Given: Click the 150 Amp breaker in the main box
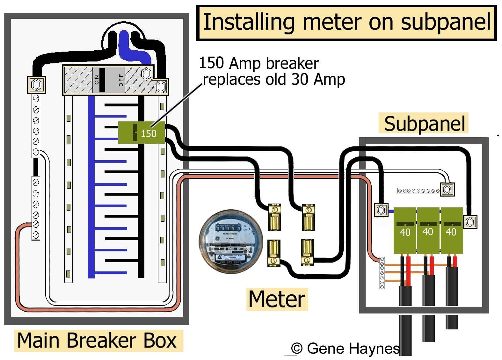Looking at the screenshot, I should [x=142, y=133].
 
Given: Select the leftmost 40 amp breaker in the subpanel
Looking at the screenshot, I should [x=405, y=230].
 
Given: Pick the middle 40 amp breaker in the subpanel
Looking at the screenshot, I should [x=428, y=230].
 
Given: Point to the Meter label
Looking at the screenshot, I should [x=277, y=299].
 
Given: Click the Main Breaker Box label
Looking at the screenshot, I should [x=97, y=340].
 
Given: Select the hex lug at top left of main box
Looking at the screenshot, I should [x=36, y=85].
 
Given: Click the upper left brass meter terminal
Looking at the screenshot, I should [x=274, y=217].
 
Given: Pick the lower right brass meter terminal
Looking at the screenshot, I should [x=307, y=252].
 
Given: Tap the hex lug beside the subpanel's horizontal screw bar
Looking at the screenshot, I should [x=447, y=190].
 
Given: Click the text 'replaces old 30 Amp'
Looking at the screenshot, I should [x=274, y=79].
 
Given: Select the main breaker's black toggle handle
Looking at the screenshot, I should [x=102, y=80].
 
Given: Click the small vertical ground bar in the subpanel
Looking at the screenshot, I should [x=382, y=273].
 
